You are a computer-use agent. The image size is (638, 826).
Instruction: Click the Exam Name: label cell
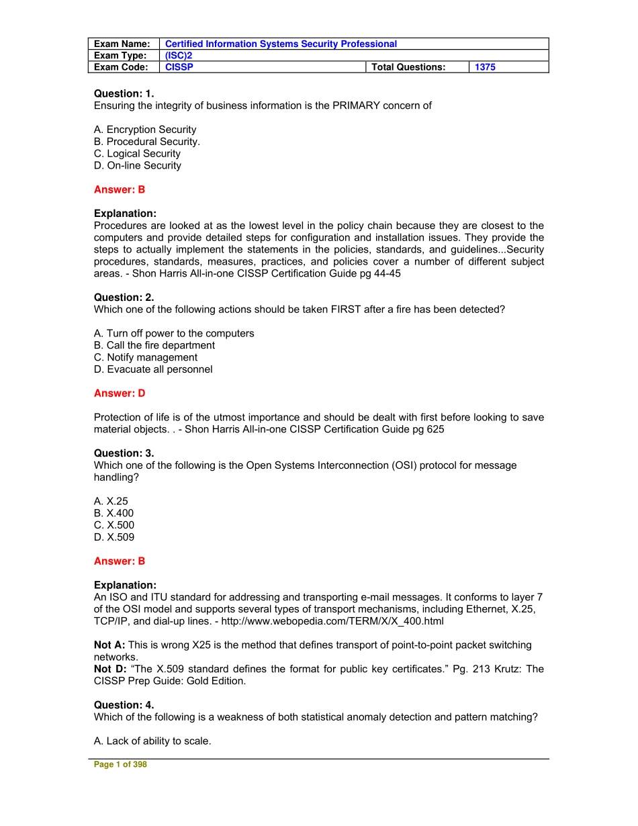click(x=122, y=44)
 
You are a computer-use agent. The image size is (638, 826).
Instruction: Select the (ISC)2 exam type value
click(x=179, y=56)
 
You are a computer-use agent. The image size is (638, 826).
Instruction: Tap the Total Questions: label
click(x=408, y=67)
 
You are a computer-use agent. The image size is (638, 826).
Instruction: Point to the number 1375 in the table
click(x=485, y=67)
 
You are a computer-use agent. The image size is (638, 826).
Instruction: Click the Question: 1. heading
click(x=124, y=94)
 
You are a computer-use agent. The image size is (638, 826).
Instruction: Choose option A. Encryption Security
click(x=145, y=130)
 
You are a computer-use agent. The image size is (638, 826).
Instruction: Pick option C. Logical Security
click(x=137, y=154)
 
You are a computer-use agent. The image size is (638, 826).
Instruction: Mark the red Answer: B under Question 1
click(x=120, y=190)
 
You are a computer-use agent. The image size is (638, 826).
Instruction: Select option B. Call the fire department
click(x=154, y=346)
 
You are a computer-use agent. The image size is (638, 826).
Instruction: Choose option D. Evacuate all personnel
click(x=153, y=370)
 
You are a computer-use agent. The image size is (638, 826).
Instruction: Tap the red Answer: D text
click(x=120, y=394)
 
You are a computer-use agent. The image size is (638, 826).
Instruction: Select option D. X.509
click(x=114, y=538)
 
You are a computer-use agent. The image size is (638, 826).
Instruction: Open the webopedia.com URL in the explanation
click(x=334, y=622)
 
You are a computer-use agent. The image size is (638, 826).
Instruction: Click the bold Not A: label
click(x=109, y=645)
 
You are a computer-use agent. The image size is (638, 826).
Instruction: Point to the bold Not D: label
click(x=109, y=670)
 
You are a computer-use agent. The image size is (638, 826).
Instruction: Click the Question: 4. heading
click(x=124, y=705)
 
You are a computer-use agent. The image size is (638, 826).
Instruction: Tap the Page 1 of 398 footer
click(x=120, y=765)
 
